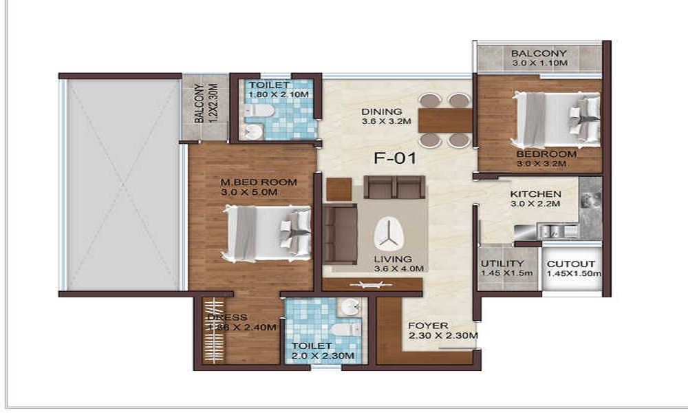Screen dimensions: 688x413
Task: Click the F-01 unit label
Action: tap(394, 158)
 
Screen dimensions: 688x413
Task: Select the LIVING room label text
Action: tap(393, 259)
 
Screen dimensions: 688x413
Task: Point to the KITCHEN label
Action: tap(535, 194)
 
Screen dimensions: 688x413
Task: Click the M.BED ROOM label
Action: tap(259, 182)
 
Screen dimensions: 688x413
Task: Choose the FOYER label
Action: tap(428, 326)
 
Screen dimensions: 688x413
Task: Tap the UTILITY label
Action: tap(502, 264)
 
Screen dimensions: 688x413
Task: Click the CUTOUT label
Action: tap(571, 264)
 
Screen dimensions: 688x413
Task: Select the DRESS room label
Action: tap(227, 317)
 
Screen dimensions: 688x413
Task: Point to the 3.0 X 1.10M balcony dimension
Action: tap(539, 63)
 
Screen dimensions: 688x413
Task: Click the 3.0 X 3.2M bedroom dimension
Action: tap(541, 164)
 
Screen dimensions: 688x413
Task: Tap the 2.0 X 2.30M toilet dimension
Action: tap(323, 356)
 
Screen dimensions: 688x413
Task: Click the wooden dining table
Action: tap(445, 120)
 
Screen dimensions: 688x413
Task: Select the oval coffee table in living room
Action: tap(389, 234)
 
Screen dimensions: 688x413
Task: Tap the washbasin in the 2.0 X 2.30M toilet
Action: tap(350, 306)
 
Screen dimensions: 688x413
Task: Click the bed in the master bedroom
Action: tap(267, 233)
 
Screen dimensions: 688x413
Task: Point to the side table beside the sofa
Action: tap(339, 189)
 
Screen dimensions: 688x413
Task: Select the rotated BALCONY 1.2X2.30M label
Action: tap(205, 103)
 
